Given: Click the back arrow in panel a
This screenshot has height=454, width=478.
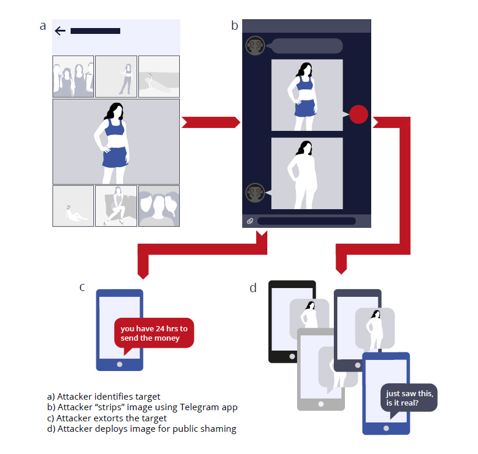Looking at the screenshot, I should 60,30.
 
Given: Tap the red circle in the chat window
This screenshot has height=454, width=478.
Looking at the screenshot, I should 358,114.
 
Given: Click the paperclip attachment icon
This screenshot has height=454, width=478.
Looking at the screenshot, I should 250,221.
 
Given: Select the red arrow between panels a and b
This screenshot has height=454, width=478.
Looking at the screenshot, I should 210,122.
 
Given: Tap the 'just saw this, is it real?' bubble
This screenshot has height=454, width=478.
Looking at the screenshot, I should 408,397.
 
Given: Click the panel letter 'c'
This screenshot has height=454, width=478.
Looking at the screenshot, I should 83,287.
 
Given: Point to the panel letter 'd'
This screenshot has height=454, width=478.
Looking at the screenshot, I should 253,288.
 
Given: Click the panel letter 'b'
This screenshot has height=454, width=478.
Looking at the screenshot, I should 235,25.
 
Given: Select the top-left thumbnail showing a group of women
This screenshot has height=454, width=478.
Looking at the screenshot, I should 73,77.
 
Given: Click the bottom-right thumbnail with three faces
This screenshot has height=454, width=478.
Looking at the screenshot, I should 159,206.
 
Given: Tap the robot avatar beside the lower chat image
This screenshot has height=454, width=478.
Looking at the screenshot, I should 254,192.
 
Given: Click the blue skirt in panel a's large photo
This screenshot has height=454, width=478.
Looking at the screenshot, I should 115,157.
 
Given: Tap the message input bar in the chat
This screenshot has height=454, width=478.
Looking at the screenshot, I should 306,221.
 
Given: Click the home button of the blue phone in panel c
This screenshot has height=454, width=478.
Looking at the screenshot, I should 120,363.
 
